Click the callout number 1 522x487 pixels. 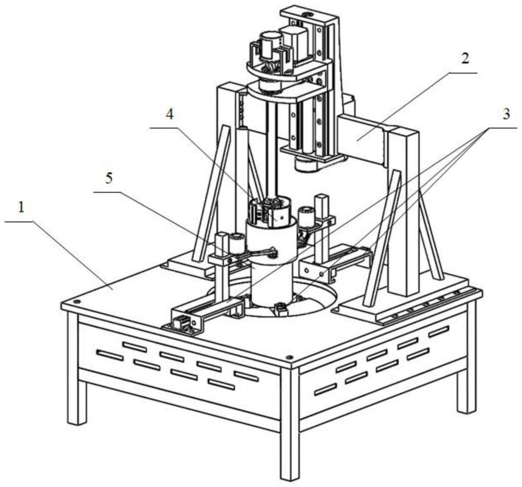pyautogui.click(x=21, y=208)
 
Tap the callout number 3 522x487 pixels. pyautogui.click(x=505, y=114)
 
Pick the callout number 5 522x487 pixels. pyautogui.click(x=109, y=179)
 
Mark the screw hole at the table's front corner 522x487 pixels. pyautogui.click(x=289, y=358)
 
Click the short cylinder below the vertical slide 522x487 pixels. pyautogui.click(x=304, y=164)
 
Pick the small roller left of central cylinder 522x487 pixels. pyautogui.click(x=236, y=243)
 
